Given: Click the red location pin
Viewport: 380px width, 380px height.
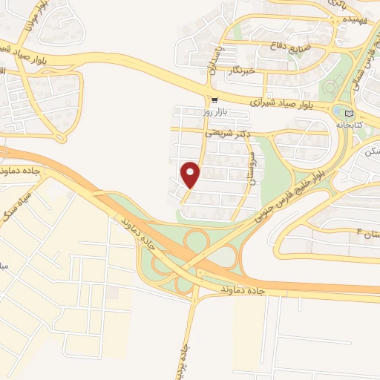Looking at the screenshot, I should coord(191,174).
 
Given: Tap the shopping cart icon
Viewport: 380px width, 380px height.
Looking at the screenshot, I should coord(214,100).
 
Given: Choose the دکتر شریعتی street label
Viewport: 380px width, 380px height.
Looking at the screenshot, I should coord(227,134).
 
